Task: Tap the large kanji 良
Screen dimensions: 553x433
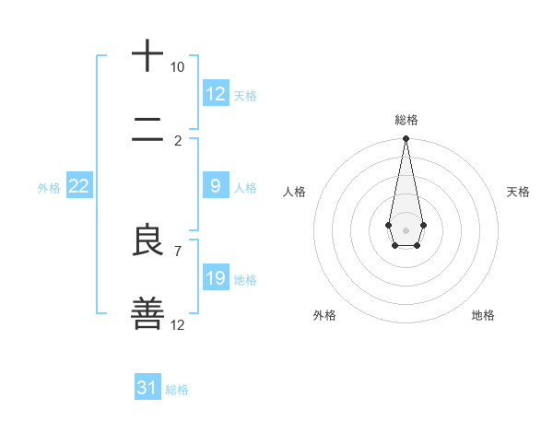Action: click(147, 241)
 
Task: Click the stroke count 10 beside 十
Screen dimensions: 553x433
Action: click(177, 67)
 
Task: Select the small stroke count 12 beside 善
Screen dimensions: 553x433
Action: click(177, 324)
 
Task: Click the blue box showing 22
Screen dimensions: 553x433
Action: click(78, 186)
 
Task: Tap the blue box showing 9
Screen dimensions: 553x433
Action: click(215, 186)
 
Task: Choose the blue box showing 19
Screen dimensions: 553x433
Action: click(215, 278)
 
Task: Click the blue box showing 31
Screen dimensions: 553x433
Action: click(147, 388)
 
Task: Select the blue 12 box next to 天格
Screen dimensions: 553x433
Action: click(215, 94)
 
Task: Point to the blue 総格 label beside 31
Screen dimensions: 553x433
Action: click(177, 390)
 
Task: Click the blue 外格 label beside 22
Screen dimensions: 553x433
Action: click(49, 187)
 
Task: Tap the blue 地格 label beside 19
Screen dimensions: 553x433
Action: click(245, 279)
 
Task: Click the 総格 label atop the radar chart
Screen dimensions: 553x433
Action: click(406, 120)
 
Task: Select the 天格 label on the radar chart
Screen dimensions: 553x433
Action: click(518, 192)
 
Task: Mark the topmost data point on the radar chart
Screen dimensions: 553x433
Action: click(406, 139)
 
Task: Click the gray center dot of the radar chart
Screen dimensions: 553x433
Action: click(406, 228)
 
